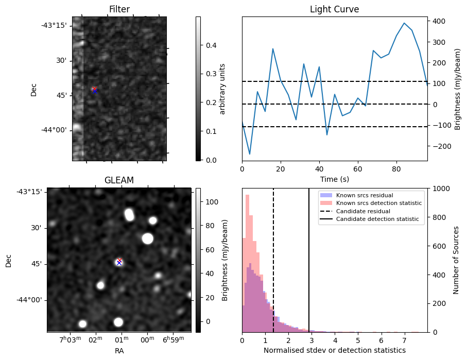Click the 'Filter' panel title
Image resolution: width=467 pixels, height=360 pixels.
point(119,9)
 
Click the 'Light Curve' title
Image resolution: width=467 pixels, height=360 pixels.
point(335,9)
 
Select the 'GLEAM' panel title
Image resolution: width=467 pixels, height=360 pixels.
point(119,180)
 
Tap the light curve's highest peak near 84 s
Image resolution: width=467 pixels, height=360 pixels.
point(404,23)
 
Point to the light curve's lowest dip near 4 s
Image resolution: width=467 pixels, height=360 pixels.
point(250,154)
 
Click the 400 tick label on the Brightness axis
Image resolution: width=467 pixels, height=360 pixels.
point(440,22)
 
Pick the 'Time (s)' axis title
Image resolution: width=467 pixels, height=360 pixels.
point(335,179)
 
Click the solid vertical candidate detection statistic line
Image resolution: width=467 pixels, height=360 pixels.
point(309,260)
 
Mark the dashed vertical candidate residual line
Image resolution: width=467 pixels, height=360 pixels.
point(273,260)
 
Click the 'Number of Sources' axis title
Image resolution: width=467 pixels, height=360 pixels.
point(456,260)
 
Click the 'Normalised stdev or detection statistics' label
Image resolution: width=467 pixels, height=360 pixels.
point(335,350)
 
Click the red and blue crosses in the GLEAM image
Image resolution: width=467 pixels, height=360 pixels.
point(119,261)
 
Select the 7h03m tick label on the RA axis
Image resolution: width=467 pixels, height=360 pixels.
point(71,339)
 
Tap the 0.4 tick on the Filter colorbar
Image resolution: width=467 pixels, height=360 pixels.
point(211,45)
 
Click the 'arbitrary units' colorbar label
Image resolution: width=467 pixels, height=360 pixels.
point(222,89)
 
